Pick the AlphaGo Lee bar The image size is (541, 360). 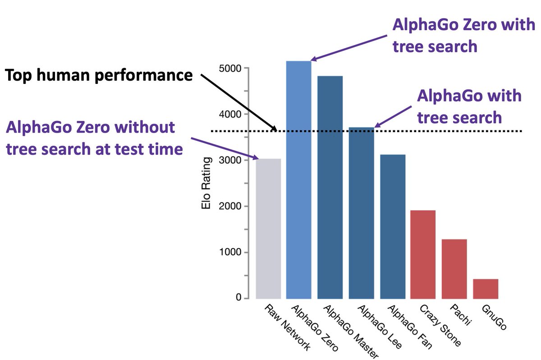tap(361, 212)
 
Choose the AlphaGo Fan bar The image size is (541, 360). tap(393, 226)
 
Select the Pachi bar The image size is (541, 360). tap(454, 268)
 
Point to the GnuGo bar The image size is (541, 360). tap(486, 288)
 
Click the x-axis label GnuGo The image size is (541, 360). tap(494, 317)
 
